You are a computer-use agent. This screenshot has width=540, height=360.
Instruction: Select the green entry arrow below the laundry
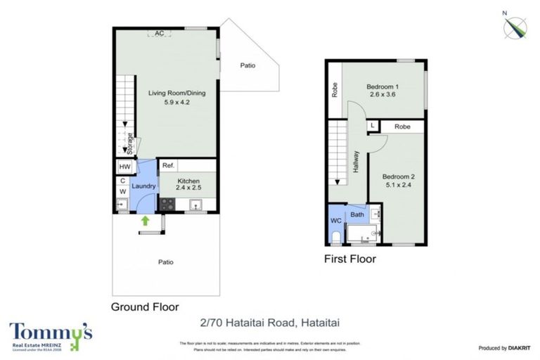(145, 221)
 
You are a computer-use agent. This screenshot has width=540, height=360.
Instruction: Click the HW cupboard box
(124, 167)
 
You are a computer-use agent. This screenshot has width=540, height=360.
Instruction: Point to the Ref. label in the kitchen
(168, 166)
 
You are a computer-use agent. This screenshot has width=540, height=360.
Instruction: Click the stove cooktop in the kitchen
(167, 204)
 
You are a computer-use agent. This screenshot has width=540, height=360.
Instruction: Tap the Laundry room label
(143, 186)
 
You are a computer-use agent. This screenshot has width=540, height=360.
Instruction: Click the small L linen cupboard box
(372, 127)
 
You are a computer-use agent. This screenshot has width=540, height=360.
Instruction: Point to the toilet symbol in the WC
(336, 236)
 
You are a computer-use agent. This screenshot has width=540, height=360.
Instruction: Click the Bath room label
(356, 214)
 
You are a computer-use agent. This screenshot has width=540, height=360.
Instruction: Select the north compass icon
(517, 27)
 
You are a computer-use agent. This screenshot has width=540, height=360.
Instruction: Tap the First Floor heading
(349, 259)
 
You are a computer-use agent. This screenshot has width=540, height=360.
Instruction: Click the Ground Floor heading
(145, 307)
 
